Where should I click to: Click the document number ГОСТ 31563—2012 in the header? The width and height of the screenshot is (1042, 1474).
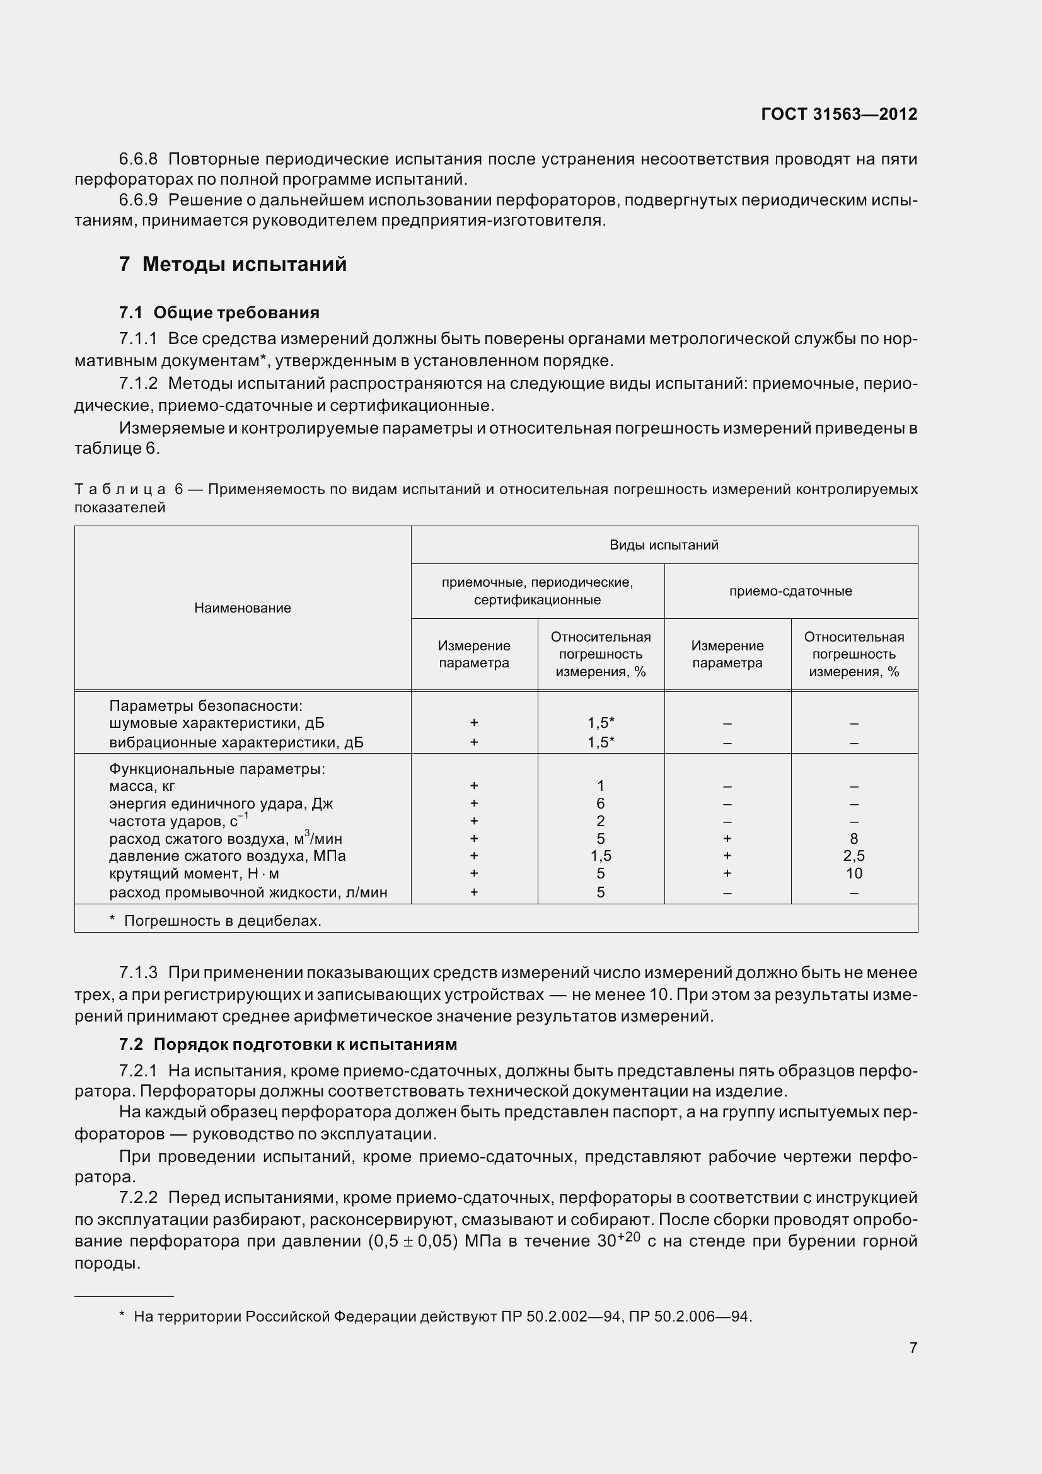(838, 114)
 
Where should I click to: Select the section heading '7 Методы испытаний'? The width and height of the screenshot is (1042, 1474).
(233, 264)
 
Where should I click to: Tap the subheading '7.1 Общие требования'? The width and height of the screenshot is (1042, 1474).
(219, 313)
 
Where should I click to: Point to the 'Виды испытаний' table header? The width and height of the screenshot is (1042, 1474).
(663, 545)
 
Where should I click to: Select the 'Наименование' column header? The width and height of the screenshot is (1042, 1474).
(243, 608)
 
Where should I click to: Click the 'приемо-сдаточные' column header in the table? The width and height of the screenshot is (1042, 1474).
(790, 590)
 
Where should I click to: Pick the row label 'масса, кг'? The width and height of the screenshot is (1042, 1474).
(142, 786)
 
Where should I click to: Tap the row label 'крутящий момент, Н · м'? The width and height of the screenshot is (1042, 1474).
(194, 873)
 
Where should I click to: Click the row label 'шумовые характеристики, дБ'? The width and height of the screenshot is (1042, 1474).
(216, 723)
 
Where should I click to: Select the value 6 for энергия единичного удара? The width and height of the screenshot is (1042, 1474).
(600, 803)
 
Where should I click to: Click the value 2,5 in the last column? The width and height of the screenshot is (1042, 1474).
(854, 856)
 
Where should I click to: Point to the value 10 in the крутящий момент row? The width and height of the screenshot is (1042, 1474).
(854, 873)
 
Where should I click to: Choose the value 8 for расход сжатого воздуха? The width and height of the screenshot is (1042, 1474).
(854, 838)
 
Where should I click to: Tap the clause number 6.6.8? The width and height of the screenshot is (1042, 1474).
(138, 159)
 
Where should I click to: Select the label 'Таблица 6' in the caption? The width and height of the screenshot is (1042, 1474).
(129, 489)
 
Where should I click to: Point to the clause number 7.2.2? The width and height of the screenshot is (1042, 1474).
(138, 1197)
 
